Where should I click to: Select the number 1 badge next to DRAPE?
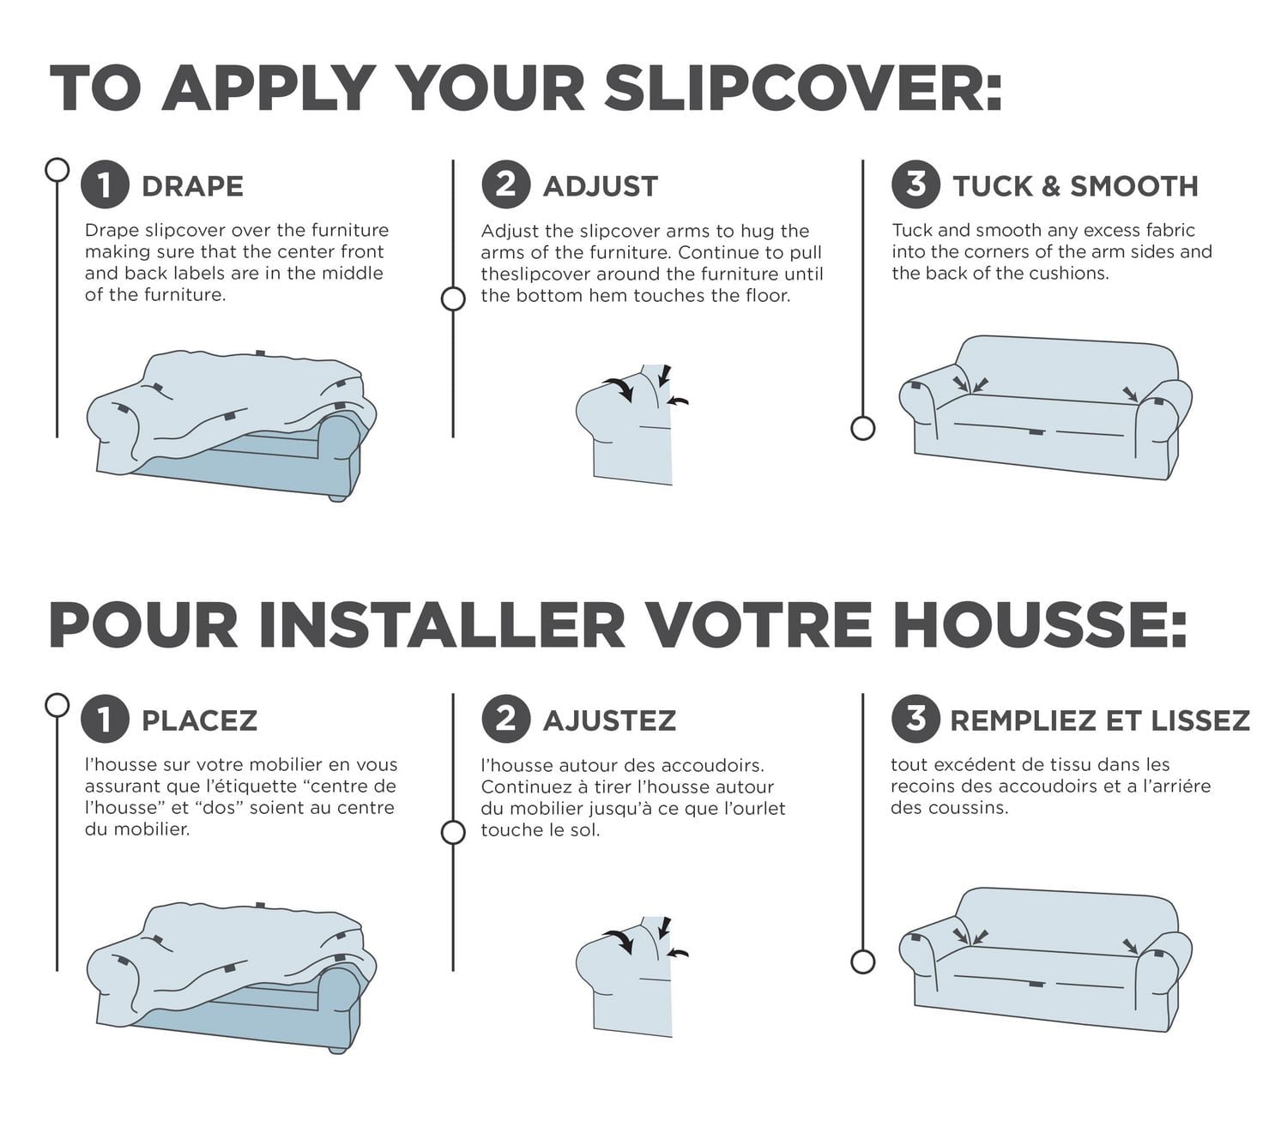pos(105,184)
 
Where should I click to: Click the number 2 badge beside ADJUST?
pos(505,184)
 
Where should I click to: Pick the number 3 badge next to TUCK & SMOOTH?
pos(915,184)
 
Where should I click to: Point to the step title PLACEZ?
pos(199,720)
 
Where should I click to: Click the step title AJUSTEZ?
pos(609,720)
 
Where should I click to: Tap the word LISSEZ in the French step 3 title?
pos(1200,720)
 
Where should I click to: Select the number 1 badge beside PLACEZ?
pos(105,719)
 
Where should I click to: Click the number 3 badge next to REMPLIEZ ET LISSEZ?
pos(915,719)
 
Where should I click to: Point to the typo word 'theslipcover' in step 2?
pos(535,274)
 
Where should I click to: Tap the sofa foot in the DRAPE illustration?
pos(337,497)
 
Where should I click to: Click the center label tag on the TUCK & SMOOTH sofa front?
pos(1036,431)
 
